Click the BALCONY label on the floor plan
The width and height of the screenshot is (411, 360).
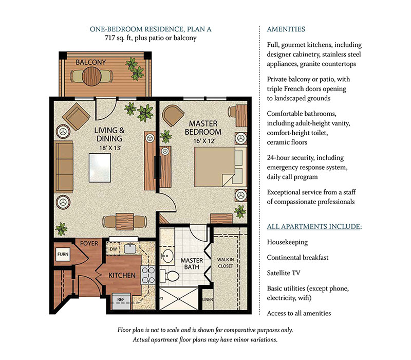coord(90,62)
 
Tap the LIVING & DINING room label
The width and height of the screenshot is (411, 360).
coord(108,134)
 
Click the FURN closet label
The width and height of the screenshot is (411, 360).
coord(62,254)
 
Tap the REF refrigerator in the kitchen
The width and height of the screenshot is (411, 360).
coord(121,298)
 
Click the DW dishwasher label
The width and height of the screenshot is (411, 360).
coord(114,249)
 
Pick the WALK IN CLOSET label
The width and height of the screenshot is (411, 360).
coord(225,262)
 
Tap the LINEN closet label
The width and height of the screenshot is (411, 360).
coord(207,300)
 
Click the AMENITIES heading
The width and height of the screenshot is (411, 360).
coord(286,29)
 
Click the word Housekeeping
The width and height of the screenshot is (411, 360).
coord(287,242)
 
